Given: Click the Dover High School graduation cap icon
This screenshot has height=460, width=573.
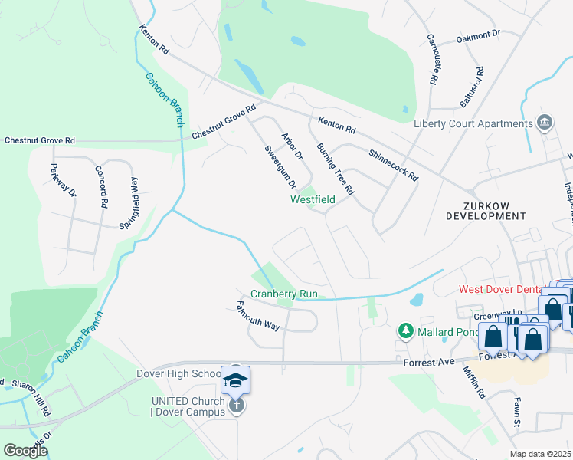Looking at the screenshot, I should (x=236, y=381).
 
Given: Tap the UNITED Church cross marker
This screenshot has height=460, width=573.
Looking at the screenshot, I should (x=237, y=405).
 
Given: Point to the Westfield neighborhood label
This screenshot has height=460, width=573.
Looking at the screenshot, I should (x=313, y=199).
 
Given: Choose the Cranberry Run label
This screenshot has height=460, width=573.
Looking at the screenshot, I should (x=283, y=294).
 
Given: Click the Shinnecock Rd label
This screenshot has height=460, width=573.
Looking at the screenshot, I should (x=393, y=165).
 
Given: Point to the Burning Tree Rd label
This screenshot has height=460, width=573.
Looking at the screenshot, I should (x=335, y=168).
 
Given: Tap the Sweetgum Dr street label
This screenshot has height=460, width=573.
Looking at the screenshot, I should (x=280, y=167).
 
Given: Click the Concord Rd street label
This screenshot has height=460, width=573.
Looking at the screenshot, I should (x=101, y=187).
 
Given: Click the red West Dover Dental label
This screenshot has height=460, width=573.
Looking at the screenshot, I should (x=500, y=289).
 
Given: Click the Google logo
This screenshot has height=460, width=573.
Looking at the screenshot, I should (x=25, y=450).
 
